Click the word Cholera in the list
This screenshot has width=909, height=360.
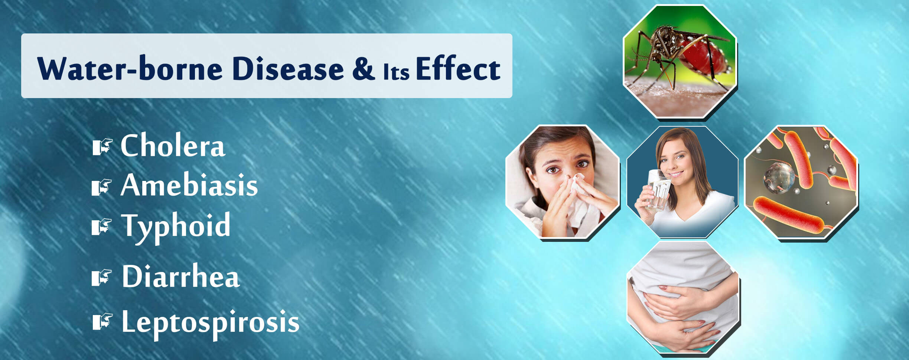tap(173, 146)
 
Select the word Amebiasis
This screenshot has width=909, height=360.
tap(189, 185)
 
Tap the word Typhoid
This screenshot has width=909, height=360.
tap(176, 227)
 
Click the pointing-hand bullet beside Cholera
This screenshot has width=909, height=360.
tap(102, 146)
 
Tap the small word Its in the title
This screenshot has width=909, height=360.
tap(396, 71)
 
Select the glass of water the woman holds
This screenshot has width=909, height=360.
tap(658, 190)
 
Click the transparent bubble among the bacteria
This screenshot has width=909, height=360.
tap(779, 178)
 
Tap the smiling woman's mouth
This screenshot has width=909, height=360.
tap(677, 174)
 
